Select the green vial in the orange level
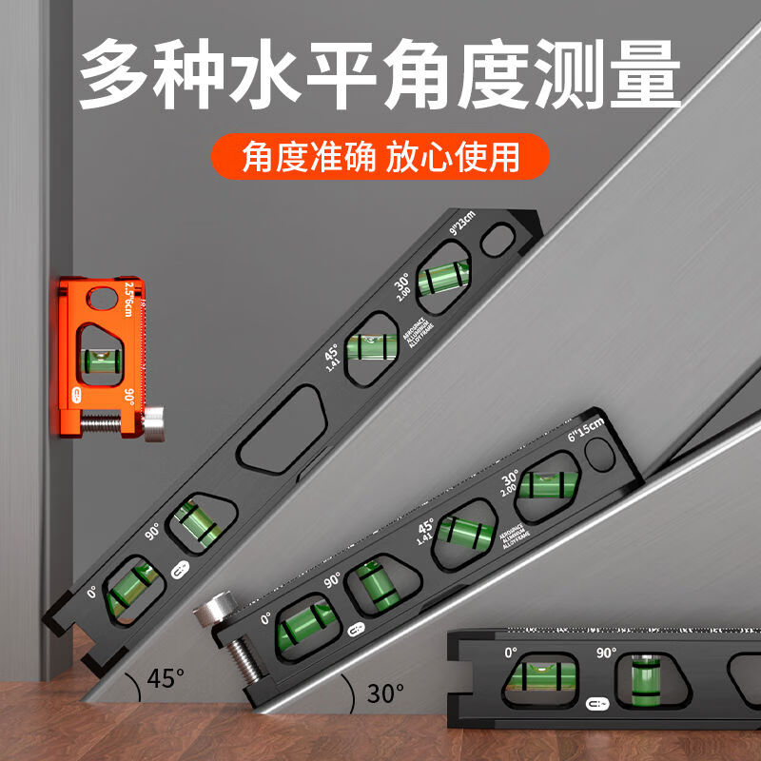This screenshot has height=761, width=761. pyautogui.click(x=100, y=360)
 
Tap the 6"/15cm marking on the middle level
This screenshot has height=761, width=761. pyautogui.click(x=583, y=430)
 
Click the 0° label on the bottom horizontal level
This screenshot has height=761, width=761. pyautogui.click(x=511, y=654)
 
